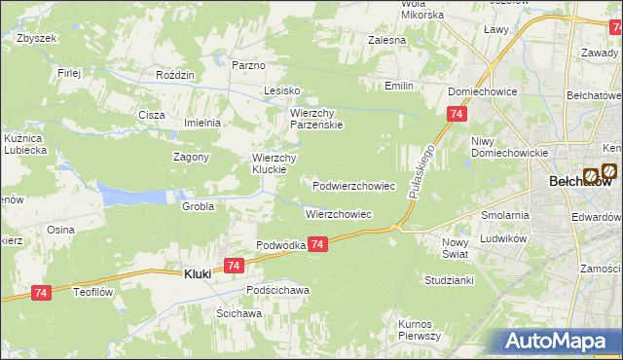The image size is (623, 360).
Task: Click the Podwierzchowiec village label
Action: (x=353, y=185)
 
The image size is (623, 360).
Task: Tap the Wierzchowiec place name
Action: (x=339, y=214)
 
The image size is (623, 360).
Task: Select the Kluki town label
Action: (x=198, y=275)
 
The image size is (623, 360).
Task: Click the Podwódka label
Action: (x=280, y=246)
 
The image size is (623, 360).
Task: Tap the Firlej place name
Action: (x=68, y=73)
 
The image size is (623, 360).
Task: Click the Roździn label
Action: (x=176, y=75)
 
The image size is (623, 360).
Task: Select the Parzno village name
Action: (x=249, y=65)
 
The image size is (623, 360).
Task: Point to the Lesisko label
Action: (x=283, y=90)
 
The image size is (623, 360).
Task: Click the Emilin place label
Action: (x=398, y=87)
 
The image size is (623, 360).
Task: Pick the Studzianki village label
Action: (x=449, y=279)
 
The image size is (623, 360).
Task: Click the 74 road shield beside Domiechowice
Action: (x=457, y=115)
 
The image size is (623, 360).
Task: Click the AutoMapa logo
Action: (x=557, y=341)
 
